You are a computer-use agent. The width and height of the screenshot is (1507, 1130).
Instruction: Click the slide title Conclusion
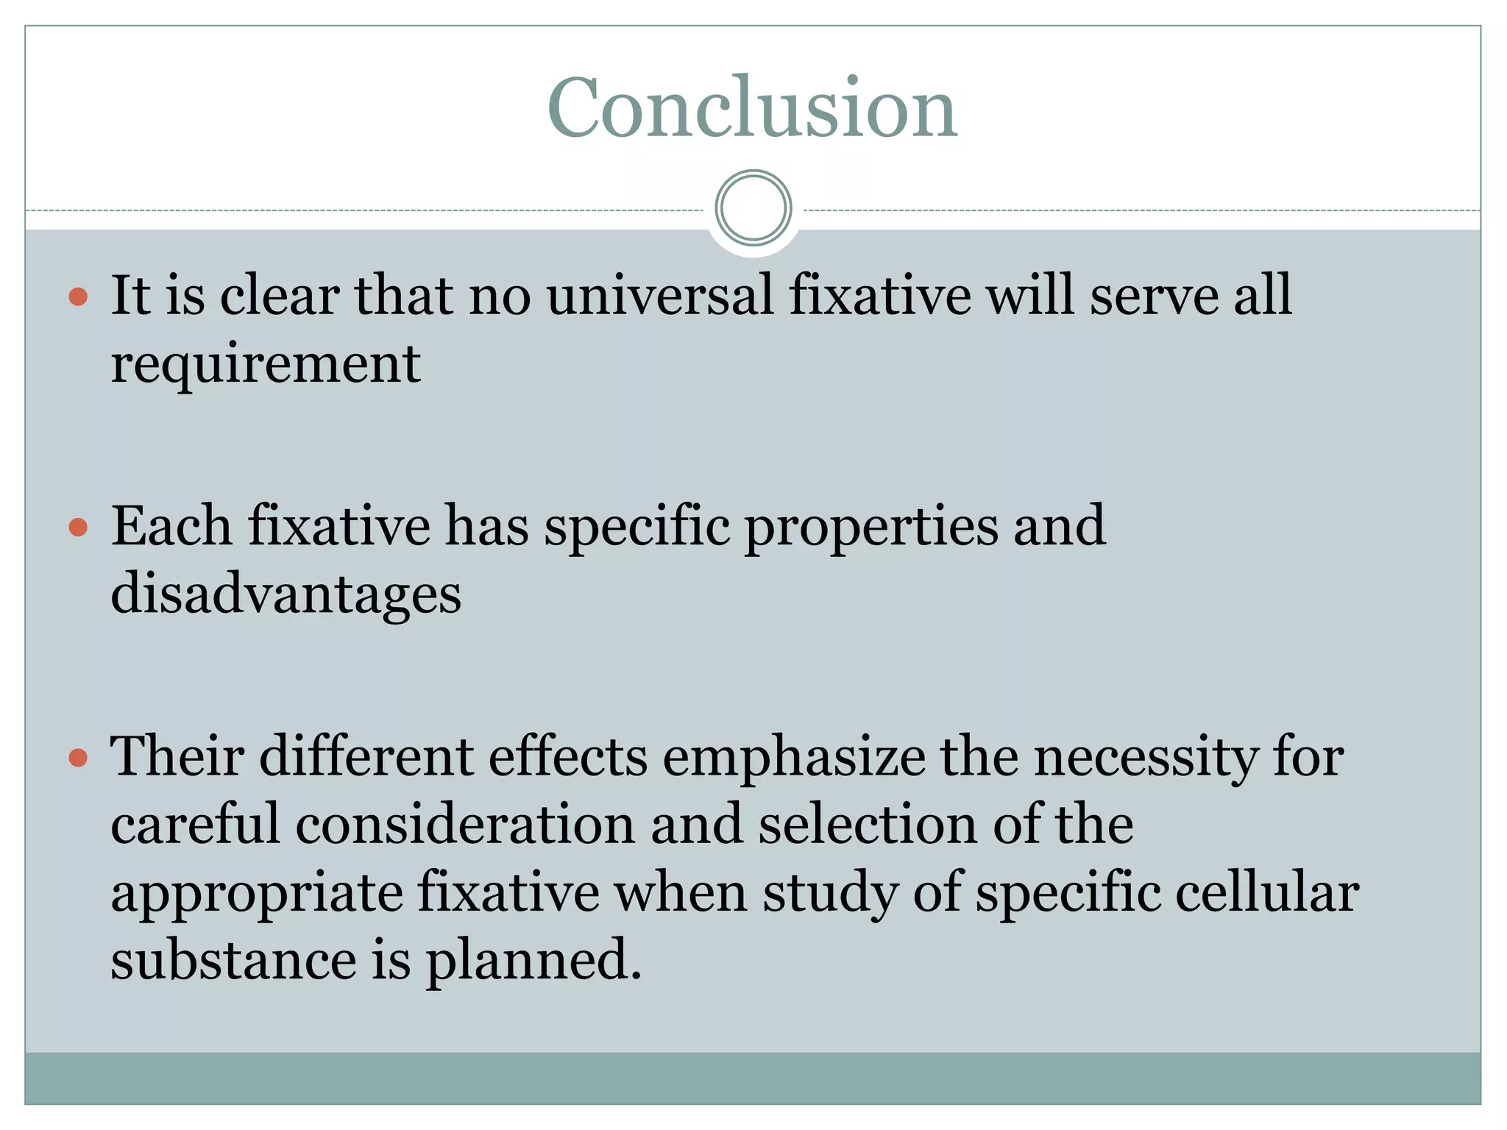[752, 108]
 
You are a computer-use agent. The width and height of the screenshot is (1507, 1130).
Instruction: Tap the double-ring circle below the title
[753, 207]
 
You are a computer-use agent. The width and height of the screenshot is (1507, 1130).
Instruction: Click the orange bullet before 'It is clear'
[78, 297]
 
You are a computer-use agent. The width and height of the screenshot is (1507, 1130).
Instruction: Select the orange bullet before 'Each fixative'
[78, 527]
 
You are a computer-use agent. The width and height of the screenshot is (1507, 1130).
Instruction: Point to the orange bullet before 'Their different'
[78, 758]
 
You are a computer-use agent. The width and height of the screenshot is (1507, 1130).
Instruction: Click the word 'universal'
[660, 296]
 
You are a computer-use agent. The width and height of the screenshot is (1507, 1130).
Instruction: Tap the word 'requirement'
[266, 366]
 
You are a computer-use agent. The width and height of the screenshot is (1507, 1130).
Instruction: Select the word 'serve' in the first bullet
[1153, 296]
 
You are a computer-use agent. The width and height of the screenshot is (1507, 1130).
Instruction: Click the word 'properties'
[871, 527]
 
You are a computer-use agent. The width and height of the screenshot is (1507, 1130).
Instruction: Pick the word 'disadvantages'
[286, 594]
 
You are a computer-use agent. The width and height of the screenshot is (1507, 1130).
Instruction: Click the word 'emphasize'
[794, 758]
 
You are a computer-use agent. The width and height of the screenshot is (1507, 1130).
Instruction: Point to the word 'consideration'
[465, 825]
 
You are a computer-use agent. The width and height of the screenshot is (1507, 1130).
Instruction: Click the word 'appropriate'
[257, 894]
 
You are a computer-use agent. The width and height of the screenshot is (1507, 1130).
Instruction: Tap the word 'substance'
[233, 960]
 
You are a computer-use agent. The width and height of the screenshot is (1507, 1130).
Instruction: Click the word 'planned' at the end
[533, 962]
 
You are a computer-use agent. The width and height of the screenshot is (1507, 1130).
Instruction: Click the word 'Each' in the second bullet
[171, 526]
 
